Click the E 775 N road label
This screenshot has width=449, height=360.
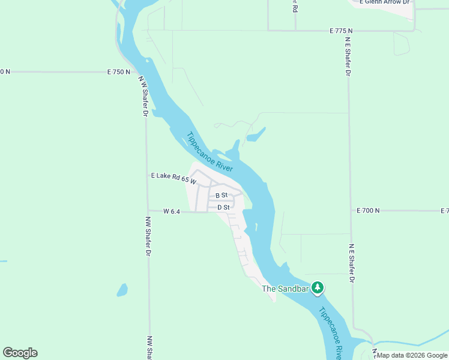click(x=341, y=31)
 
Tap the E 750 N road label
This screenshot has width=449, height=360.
click(x=118, y=72)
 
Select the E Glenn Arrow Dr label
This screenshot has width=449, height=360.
click(x=385, y=2)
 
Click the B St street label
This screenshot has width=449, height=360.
click(x=221, y=196)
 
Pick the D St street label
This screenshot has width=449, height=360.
click(x=223, y=208)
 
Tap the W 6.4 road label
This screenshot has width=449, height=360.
click(x=172, y=211)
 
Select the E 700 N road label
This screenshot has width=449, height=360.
click(x=368, y=211)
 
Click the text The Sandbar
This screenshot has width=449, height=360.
click(x=285, y=289)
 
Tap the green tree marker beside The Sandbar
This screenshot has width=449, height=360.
click(x=318, y=288)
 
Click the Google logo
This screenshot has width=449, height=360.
click(x=20, y=353)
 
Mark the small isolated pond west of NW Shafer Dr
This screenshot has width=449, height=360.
click(x=122, y=290)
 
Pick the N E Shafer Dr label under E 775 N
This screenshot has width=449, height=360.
click(x=347, y=57)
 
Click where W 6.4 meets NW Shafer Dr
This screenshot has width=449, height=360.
click(x=147, y=211)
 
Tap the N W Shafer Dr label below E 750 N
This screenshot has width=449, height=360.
click(x=143, y=96)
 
